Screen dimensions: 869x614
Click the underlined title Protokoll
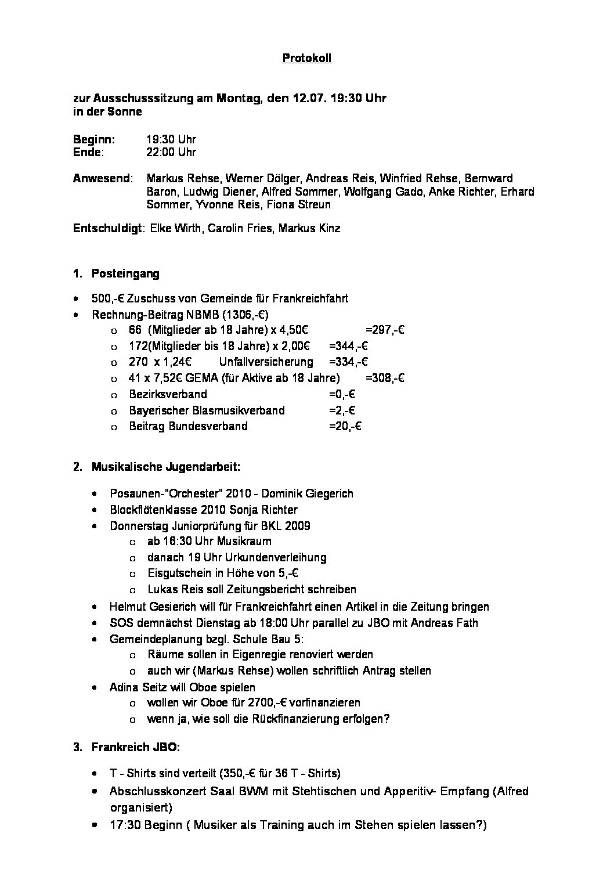tap(306, 58)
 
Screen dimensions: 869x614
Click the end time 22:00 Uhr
tap(171, 152)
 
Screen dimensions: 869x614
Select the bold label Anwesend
tap(101, 178)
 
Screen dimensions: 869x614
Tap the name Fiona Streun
tap(304, 204)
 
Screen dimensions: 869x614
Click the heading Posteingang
tap(125, 273)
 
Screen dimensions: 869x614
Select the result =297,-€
tap(385, 330)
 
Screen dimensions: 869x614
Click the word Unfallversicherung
tap(266, 362)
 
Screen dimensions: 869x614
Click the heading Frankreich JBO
tap(135, 748)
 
